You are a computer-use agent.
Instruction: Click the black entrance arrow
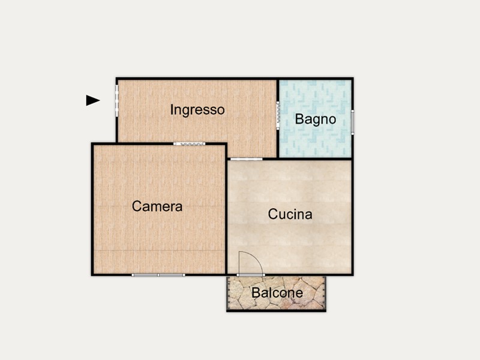click(x=93, y=100)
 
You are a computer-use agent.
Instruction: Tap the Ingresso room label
click(x=197, y=110)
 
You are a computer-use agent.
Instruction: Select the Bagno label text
click(x=316, y=119)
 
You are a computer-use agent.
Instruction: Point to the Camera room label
click(x=157, y=206)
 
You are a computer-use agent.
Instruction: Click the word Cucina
click(x=290, y=214)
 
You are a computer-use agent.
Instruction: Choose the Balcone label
click(x=277, y=293)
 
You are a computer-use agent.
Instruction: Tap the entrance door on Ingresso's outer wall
click(x=116, y=101)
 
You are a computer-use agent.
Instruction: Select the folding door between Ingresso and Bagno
click(x=278, y=115)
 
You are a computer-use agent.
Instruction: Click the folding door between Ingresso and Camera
click(x=190, y=143)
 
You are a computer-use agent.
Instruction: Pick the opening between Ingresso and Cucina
click(x=247, y=159)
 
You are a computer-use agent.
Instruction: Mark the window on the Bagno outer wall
click(x=353, y=122)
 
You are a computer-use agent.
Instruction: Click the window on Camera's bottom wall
click(x=158, y=275)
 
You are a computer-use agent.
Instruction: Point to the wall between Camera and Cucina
click(x=226, y=209)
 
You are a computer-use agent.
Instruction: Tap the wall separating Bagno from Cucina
click(x=316, y=158)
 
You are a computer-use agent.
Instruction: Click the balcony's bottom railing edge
click(x=276, y=311)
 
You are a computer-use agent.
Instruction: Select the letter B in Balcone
click(x=256, y=293)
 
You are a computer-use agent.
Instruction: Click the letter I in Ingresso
click(x=172, y=110)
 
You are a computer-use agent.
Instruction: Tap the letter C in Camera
click(x=137, y=206)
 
